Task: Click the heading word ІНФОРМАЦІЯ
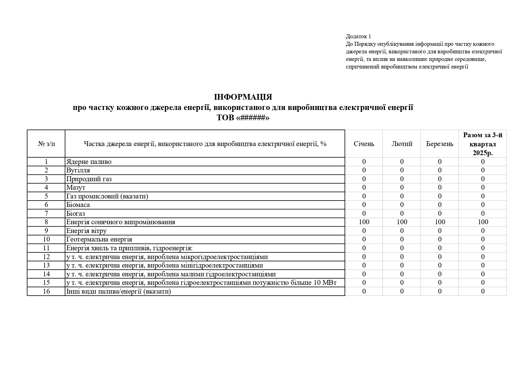(243, 97)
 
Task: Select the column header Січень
(364, 144)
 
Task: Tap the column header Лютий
(402, 144)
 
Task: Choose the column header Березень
(440, 144)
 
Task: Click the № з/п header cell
(46, 144)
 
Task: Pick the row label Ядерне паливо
(89, 162)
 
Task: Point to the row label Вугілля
(78, 170)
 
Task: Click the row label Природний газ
(89, 179)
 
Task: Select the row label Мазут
(76, 188)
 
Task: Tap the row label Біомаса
(78, 205)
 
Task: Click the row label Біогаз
(75, 214)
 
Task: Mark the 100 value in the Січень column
(364, 222)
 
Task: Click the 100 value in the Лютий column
(402, 222)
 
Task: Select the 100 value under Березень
(440, 222)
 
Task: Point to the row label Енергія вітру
(86, 231)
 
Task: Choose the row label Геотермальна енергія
(99, 239)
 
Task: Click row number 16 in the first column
(46, 291)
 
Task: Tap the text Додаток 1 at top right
(358, 37)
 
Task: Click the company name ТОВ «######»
(243, 118)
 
